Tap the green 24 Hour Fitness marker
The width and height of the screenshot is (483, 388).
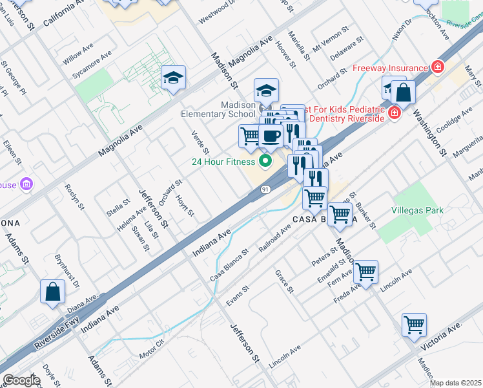pos(264,161)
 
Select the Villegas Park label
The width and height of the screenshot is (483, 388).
pos(417,210)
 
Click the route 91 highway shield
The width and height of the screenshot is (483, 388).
pos(266,188)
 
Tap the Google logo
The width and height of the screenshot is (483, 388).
pos(21,380)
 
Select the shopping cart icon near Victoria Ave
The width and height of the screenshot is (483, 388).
pos(414,325)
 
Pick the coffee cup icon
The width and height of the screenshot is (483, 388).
pos(271,136)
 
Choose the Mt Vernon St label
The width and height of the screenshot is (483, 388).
pos(330,39)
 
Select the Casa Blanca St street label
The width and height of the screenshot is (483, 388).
pos(229,265)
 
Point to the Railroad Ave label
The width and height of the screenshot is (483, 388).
pos(274,240)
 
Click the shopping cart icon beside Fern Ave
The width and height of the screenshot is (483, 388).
pos(365,272)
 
